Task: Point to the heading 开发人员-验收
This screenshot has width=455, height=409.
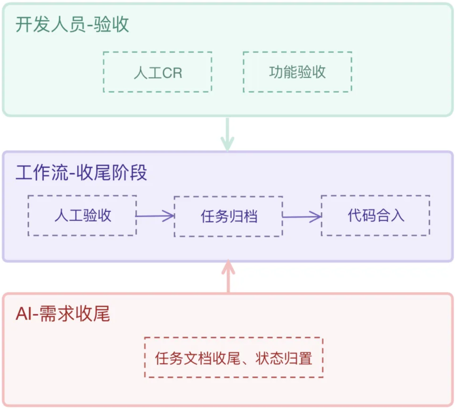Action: click(x=72, y=24)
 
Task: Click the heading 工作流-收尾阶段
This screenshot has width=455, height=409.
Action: click(x=81, y=172)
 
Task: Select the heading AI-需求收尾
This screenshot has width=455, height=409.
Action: click(x=63, y=314)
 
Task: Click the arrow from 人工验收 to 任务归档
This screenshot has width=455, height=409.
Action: click(x=155, y=216)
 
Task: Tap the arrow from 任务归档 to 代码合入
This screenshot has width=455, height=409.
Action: click(x=302, y=217)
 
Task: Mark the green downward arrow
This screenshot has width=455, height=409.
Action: click(x=227, y=134)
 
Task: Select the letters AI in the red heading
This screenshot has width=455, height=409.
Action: click(x=24, y=314)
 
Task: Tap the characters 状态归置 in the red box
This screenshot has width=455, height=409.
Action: click(x=284, y=358)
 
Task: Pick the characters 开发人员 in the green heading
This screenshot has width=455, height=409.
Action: click(x=51, y=24)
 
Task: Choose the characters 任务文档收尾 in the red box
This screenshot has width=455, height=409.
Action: click(x=197, y=358)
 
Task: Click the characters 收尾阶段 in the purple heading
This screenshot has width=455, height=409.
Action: click(x=112, y=172)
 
